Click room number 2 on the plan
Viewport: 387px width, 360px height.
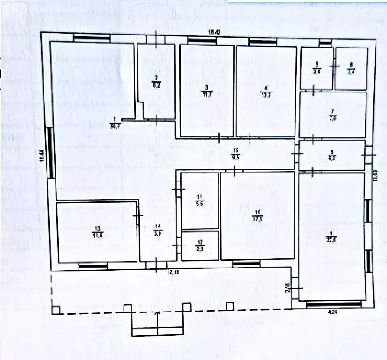[x=156, y=81]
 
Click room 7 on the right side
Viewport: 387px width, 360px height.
[x=333, y=114]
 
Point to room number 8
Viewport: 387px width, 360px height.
[x=332, y=155]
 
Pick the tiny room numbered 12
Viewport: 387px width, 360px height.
[x=200, y=246]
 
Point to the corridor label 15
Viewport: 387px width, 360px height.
[x=236, y=154]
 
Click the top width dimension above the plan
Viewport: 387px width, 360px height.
[x=214, y=32]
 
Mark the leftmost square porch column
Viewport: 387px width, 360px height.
[x=56, y=310]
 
